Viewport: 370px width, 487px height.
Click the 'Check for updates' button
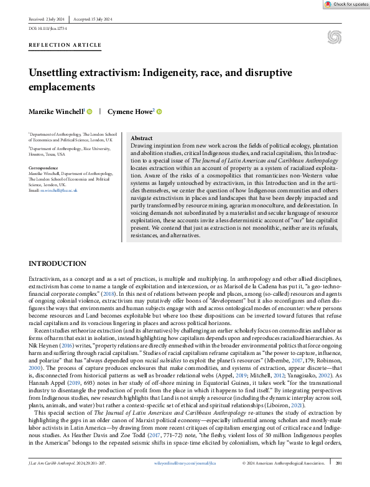[346, 4]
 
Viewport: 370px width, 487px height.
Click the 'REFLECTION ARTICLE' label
[65, 45]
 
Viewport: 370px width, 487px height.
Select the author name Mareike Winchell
[56, 111]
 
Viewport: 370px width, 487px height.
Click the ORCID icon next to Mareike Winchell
[90, 111]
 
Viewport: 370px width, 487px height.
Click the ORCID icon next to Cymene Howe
[159, 111]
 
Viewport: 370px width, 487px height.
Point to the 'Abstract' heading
[142, 138]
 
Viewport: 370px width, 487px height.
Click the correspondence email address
[59, 190]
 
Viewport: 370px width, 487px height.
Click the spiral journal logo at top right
[333, 37]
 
